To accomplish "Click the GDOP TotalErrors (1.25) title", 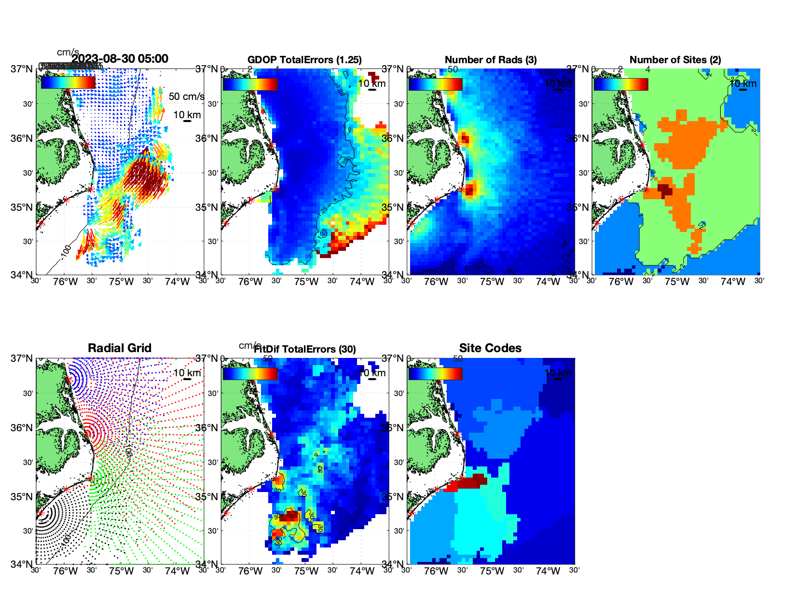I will pyautogui.click(x=304, y=60).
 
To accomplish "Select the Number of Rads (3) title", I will pyautogui.click(x=491, y=60).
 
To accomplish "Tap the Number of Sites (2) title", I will pyautogui.click(x=675, y=60).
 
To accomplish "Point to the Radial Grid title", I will pyautogui.click(x=120, y=348).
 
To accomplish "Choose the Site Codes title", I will pyautogui.click(x=490, y=348).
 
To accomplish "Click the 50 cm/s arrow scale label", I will pyautogui.click(x=186, y=96).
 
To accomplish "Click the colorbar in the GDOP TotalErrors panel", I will pyautogui.click(x=250, y=84).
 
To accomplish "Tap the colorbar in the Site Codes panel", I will pyautogui.click(x=435, y=373).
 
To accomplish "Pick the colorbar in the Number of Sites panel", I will pyautogui.click(x=620, y=84).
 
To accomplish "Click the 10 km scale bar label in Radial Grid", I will pyautogui.click(x=187, y=373).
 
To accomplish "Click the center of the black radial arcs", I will pyautogui.click(x=41, y=513).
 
